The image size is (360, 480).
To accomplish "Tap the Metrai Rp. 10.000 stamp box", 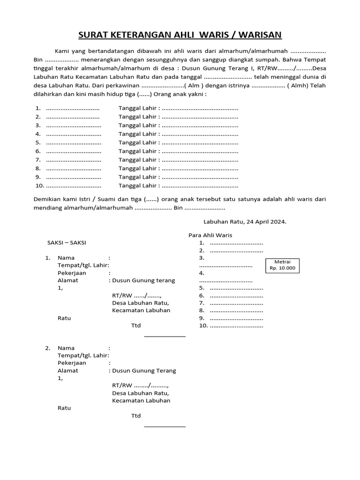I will pos(282,265).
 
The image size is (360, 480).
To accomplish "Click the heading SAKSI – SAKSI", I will pos(67,242).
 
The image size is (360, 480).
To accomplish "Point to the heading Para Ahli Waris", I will pos(210,235).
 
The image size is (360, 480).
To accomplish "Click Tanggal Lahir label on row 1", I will pos(138,108).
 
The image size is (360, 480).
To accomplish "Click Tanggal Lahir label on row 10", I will pos(138,186).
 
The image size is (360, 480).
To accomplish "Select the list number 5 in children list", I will pos(38,142).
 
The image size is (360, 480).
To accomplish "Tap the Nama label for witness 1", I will pos(66,258).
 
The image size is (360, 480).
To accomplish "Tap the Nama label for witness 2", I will pos(66,348).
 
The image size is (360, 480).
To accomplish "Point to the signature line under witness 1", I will pos(165,336).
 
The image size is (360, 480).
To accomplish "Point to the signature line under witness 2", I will pos(165,427).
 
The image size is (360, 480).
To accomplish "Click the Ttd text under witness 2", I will pos(136,416).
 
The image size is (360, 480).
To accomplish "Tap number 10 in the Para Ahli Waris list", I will pos(203,325).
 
